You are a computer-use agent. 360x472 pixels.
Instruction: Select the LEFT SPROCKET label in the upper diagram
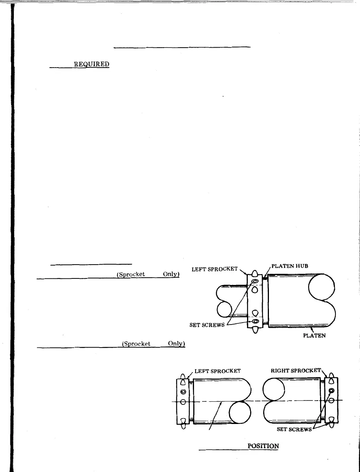click(x=215, y=269)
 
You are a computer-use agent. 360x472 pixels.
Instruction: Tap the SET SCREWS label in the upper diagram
click(x=207, y=325)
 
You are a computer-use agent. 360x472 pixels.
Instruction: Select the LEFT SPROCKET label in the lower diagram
click(x=217, y=371)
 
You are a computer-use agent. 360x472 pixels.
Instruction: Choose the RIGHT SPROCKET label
click(x=296, y=371)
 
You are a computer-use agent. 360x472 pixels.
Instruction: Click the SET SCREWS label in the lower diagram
click(x=294, y=429)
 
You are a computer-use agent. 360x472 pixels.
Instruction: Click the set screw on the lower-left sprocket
click(x=183, y=392)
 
